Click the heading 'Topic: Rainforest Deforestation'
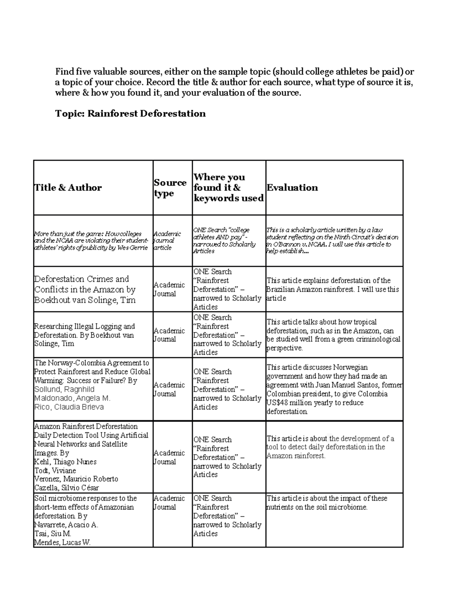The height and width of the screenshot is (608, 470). [130, 114]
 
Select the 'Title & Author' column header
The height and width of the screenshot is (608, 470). [68, 188]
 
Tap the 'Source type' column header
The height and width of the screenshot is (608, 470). [170, 188]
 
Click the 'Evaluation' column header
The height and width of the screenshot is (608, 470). [292, 188]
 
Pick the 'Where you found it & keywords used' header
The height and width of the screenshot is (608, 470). [228, 188]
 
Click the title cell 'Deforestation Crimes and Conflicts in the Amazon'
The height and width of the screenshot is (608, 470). [85, 289]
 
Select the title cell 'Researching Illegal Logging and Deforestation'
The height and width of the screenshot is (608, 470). [84, 335]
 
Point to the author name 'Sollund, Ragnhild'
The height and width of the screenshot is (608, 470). [64, 389]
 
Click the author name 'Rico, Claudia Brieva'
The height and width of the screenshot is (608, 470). [69, 407]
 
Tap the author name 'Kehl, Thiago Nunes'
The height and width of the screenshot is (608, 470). [65, 462]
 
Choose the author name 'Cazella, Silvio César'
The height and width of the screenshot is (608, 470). [67, 488]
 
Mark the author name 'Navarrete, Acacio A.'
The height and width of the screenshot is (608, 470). [66, 525]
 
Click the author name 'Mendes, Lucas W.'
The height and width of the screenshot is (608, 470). [62, 542]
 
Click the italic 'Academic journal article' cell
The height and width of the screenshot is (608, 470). [167, 241]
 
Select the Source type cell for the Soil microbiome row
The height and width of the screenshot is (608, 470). [169, 503]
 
